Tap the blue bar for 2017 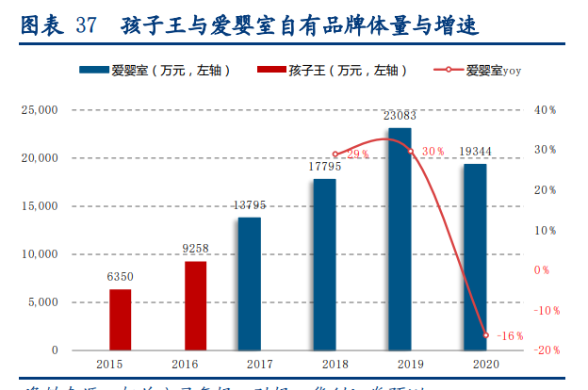pyautogui.click(x=250, y=284)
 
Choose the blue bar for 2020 pyautogui.click(x=475, y=256)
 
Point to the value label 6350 pyautogui.click(x=120, y=277)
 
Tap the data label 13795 pyautogui.click(x=250, y=205)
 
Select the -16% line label pyautogui.click(x=510, y=335)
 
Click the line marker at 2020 pyautogui.click(x=486, y=335)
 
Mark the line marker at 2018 pyautogui.click(x=335, y=154)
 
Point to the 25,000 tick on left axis pyautogui.click(x=41, y=110)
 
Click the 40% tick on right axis pyautogui.click(x=546, y=110)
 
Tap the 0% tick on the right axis pyautogui.click(x=542, y=270)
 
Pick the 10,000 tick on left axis pyautogui.click(x=41, y=254)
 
